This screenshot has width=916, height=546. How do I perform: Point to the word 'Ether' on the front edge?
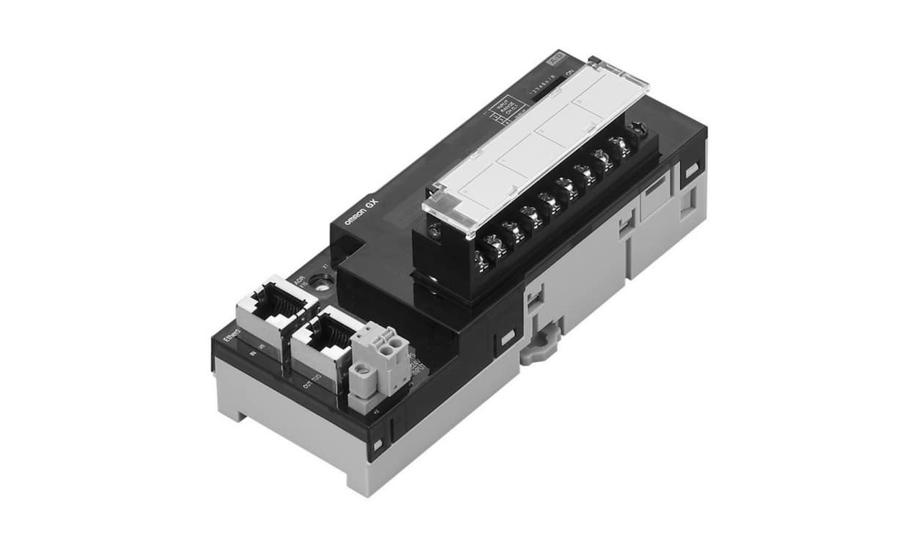pyautogui.click(x=233, y=339)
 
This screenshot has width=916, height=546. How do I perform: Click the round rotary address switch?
pyautogui.click(x=321, y=279)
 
